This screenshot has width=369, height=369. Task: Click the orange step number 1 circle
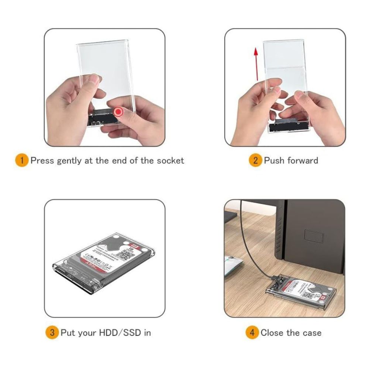22,161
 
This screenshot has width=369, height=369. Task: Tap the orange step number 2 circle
255,161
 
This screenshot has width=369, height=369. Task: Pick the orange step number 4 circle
252,332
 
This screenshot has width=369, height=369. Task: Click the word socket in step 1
170,161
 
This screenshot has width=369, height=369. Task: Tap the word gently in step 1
70,161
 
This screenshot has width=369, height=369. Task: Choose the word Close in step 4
273,332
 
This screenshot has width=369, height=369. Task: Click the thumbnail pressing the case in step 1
95,79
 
